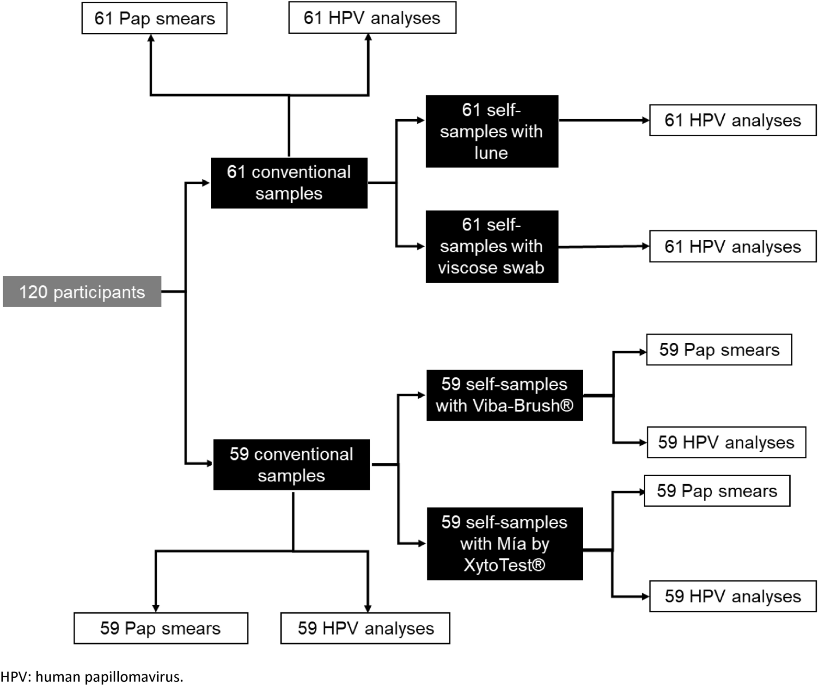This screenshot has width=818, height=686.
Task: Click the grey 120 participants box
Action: point(82,291)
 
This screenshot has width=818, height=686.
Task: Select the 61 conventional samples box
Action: point(289,183)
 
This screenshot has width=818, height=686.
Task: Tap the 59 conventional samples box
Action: point(291,465)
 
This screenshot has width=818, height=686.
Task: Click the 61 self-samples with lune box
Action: point(492,131)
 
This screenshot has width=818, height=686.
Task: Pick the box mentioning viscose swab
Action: point(492,246)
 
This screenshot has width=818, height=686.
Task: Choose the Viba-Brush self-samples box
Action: point(504,395)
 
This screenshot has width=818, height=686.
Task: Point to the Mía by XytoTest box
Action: point(504,544)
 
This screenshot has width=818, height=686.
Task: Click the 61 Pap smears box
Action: point(154,18)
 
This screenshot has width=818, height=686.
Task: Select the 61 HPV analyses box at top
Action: point(372,18)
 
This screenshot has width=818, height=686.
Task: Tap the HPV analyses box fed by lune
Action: point(733,120)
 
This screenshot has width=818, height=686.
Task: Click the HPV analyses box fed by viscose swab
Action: point(733,246)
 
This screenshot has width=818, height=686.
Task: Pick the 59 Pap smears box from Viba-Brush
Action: point(719,350)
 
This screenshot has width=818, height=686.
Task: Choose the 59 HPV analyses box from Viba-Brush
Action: point(726,443)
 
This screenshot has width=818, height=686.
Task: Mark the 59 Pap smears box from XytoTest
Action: point(717,491)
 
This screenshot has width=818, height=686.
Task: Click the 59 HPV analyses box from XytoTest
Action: point(733,596)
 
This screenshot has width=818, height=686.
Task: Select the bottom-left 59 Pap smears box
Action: point(160,628)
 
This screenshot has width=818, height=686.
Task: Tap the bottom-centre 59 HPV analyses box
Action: point(365,628)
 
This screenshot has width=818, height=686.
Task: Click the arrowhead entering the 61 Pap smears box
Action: point(151,38)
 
